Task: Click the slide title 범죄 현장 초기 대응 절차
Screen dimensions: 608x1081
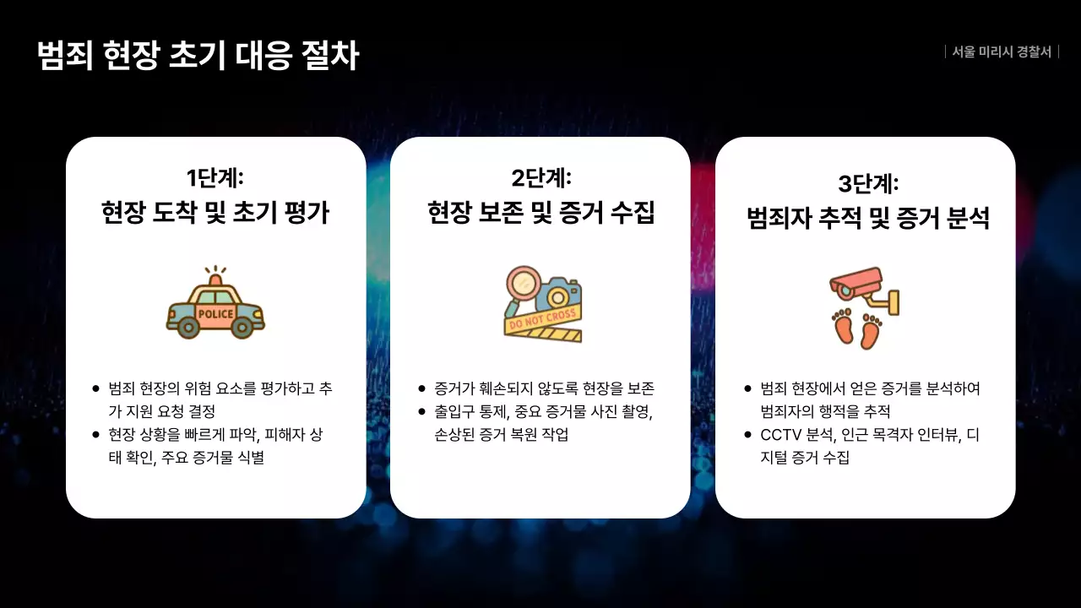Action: point(198,56)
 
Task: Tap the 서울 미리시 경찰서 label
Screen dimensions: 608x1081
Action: point(1002,52)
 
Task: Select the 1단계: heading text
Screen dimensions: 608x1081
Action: point(215,178)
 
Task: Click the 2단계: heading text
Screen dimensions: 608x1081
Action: point(540,178)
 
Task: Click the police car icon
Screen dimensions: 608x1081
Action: point(215,306)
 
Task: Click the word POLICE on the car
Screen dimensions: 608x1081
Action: point(215,314)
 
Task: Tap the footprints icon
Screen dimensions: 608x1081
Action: point(856,328)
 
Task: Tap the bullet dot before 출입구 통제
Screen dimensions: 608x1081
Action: point(421,411)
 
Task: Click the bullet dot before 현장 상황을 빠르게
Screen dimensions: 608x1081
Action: point(96,435)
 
